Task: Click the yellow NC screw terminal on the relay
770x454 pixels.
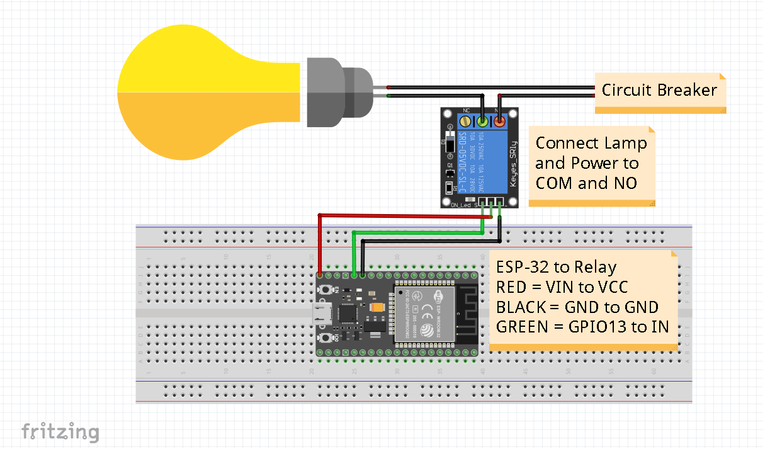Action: click(465, 120)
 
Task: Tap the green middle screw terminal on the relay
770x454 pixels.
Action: click(482, 120)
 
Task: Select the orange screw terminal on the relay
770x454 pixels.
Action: click(499, 120)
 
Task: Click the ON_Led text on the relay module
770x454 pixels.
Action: click(461, 205)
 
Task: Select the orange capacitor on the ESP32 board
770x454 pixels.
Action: click(377, 307)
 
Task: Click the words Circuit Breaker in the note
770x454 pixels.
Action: click(659, 90)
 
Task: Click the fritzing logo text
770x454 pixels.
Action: click(60, 432)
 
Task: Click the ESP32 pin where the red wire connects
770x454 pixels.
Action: click(320, 275)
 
